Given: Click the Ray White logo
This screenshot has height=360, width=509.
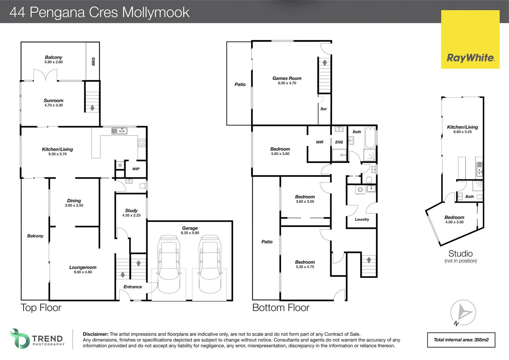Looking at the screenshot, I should [470, 39].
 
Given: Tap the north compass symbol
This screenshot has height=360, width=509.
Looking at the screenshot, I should [463, 313].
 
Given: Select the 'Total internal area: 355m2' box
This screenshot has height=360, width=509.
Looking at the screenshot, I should [461, 340].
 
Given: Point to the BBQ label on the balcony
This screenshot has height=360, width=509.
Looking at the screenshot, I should [93, 61].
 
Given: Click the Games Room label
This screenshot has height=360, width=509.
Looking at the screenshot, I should [287, 78].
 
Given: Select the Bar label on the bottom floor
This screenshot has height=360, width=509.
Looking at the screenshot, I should [323, 109].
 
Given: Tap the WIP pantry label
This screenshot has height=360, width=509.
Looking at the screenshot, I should [136, 169].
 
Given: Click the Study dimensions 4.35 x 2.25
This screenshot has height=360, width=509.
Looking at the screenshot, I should [131, 215].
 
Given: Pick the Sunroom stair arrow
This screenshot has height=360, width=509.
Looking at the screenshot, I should [92, 107].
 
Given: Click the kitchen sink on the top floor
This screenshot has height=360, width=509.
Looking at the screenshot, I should [119, 131].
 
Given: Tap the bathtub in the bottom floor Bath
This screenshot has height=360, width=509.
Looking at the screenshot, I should [370, 137].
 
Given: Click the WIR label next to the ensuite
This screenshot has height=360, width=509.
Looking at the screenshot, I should [319, 142].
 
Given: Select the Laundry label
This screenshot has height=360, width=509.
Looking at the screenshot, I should [362, 219].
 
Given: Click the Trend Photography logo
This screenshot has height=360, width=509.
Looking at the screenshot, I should [37, 339].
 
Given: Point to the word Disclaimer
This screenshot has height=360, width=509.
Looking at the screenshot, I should [95, 334].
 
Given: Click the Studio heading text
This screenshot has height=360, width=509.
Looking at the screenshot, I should [460, 254].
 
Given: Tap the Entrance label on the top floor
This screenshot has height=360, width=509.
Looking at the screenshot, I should [133, 287].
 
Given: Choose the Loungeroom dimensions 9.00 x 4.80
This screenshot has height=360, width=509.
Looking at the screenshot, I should [83, 272].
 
